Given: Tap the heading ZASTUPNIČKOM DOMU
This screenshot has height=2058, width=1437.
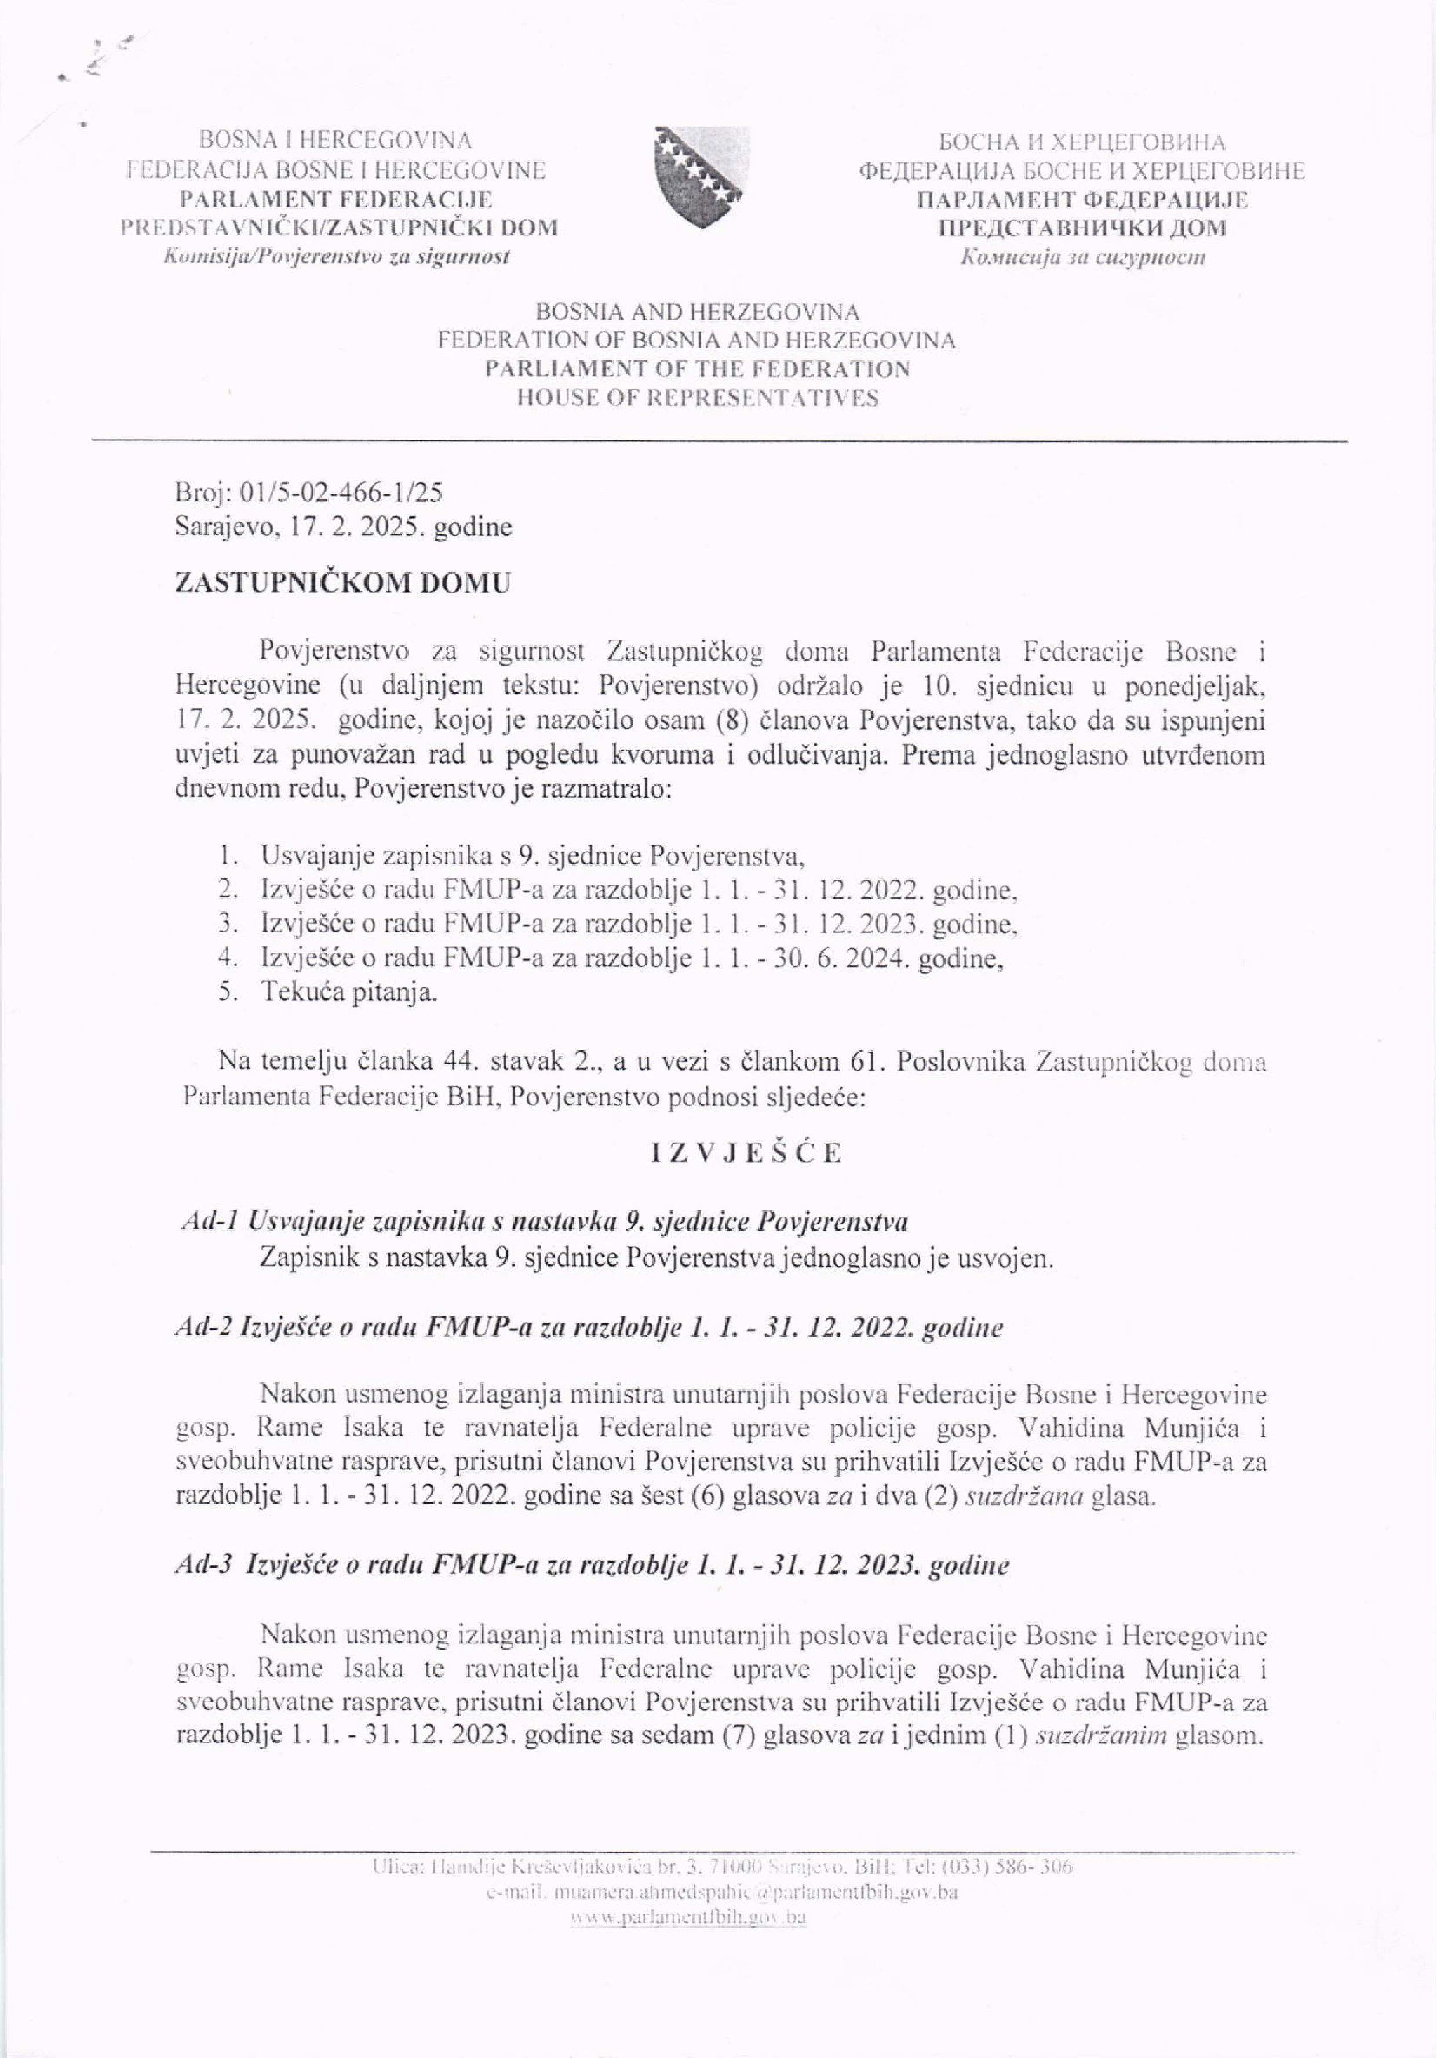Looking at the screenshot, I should tap(342, 583).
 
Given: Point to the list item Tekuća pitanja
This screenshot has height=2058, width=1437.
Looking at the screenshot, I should tap(349, 993).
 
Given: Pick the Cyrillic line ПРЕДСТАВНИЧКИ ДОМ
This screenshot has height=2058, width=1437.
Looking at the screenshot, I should tap(1082, 228).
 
